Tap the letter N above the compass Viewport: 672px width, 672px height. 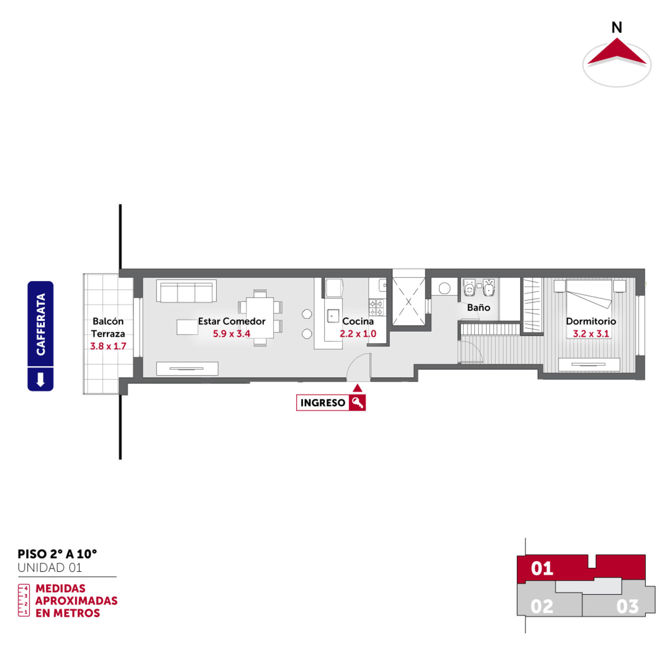coord(617,27)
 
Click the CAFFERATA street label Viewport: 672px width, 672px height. coord(41,324)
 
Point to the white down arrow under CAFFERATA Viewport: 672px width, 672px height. coord(41,379)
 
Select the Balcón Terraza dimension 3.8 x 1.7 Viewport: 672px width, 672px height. coord(108,346)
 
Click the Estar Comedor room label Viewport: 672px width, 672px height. coord(232,321)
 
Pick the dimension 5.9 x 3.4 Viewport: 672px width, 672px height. coord(231,334)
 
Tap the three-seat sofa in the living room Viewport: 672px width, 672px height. coord(186,291)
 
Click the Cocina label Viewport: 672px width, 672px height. coord(358,321)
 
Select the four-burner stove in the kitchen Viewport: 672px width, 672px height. coord(376,307)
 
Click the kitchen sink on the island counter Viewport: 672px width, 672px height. coord(333,316)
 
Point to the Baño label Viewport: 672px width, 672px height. coord(478,307)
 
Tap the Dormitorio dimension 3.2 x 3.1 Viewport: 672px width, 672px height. coord(591,334)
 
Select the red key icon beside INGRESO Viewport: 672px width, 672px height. coord(357,403)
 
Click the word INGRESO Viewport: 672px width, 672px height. coord(323,403)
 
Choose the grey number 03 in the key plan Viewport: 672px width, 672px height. coord(627,606)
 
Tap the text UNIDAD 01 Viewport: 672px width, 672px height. coord(50,568)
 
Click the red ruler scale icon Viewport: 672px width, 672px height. coord(24,600)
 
